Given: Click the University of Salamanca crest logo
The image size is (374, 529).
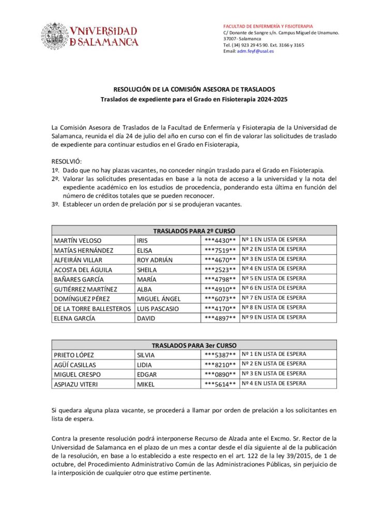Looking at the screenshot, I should click(x=55, y=36).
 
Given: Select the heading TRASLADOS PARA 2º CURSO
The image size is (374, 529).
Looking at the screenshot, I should click(x=194, y=231).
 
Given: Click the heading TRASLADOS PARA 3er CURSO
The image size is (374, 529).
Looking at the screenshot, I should click(x=194, y=345).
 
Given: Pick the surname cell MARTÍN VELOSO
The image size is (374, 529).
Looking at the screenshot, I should click(x=77, y=240).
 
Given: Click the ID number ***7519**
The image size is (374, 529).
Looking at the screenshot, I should click(x=221, y=250).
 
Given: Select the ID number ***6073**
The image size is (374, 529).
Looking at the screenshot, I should click(x=221, y=299).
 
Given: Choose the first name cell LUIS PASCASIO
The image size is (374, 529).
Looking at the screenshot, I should click(x=158, y=308).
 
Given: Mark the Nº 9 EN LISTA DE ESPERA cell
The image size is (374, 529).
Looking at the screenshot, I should click(x=274, y=318).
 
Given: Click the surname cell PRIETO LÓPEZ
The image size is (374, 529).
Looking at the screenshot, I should click(x=75, y=355).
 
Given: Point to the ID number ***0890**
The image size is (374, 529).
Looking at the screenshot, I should click(x=221, y=374).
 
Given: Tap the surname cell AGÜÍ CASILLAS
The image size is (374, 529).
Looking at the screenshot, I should click(x=75, y=365).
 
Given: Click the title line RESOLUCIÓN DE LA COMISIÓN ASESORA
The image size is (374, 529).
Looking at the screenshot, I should click(x=194, y=89).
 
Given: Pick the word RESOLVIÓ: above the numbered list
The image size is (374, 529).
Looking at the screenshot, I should click(x=67, y=161).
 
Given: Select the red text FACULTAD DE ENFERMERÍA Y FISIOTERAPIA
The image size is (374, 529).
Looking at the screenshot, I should click(x=268, y=26).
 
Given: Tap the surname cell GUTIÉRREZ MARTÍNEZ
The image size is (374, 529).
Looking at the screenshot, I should click(x=85, y=289).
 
